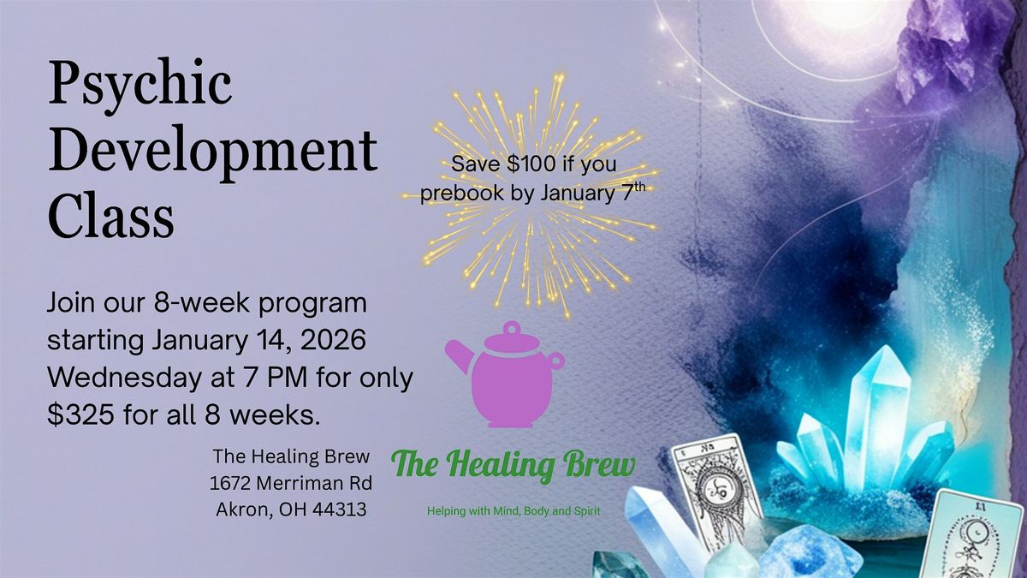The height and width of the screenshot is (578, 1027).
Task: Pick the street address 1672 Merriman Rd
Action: pyautogui.click(x=290, y=484)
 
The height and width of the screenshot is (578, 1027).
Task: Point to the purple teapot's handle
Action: pyautogui.click(x=556, y=361)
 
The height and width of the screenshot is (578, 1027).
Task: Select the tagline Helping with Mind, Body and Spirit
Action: pyautogui.click(x=513, y=511)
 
